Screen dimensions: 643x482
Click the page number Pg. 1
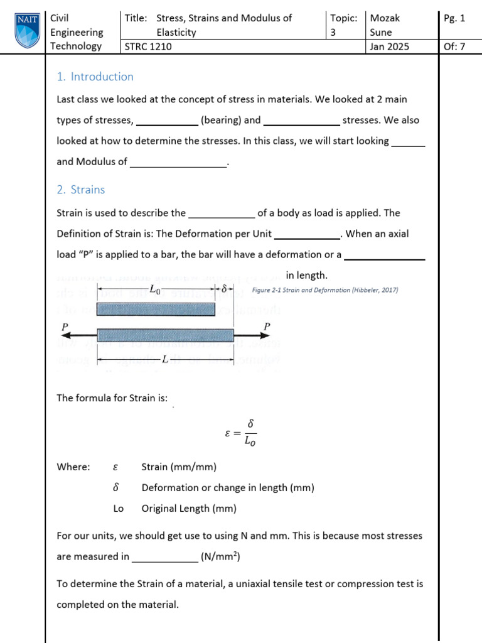tap(454, 18)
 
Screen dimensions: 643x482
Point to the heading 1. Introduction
tap(95, 77)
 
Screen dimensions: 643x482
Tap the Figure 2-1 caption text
tap(324, 290)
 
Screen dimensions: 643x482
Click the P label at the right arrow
tap(267, 327)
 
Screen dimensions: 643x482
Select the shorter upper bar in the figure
tap(156, 309)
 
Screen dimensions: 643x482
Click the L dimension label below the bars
tap(164, 359)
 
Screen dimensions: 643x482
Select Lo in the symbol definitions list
tap(119, 509)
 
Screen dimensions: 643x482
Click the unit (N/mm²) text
tap(221, 556)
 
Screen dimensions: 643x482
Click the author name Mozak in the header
tap(385, 18)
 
